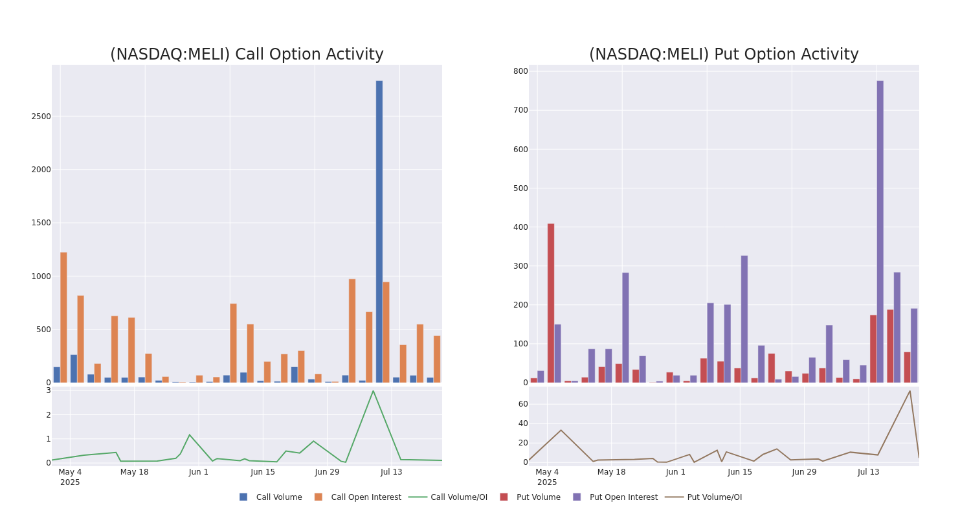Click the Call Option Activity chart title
[247, 55]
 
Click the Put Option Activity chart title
[724, 55]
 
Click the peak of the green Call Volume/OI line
[373, 391]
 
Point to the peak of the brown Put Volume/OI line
[910, 391]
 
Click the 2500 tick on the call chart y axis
[41, 117]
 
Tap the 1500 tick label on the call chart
[41, 223]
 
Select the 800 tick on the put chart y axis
[520, 71]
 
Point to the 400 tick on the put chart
[520, 227]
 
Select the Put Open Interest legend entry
[623, 497]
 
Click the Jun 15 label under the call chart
[263, 472]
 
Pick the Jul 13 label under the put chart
[869, 472]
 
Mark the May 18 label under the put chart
[611, 472]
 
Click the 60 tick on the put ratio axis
[522, 404]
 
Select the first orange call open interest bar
[63, 317]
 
